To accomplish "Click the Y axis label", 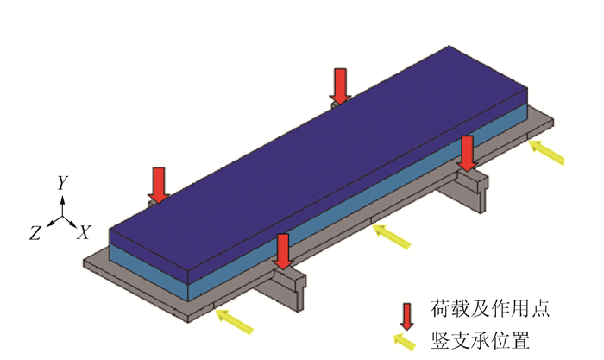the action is [62, 183].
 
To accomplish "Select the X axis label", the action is [85, 232].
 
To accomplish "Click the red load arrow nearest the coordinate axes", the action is [158, 184].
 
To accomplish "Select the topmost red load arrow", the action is [341, 85].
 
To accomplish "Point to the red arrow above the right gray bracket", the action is [467, 153].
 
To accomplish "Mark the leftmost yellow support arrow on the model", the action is [234, 322].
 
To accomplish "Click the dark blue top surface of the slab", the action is [319, 164].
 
